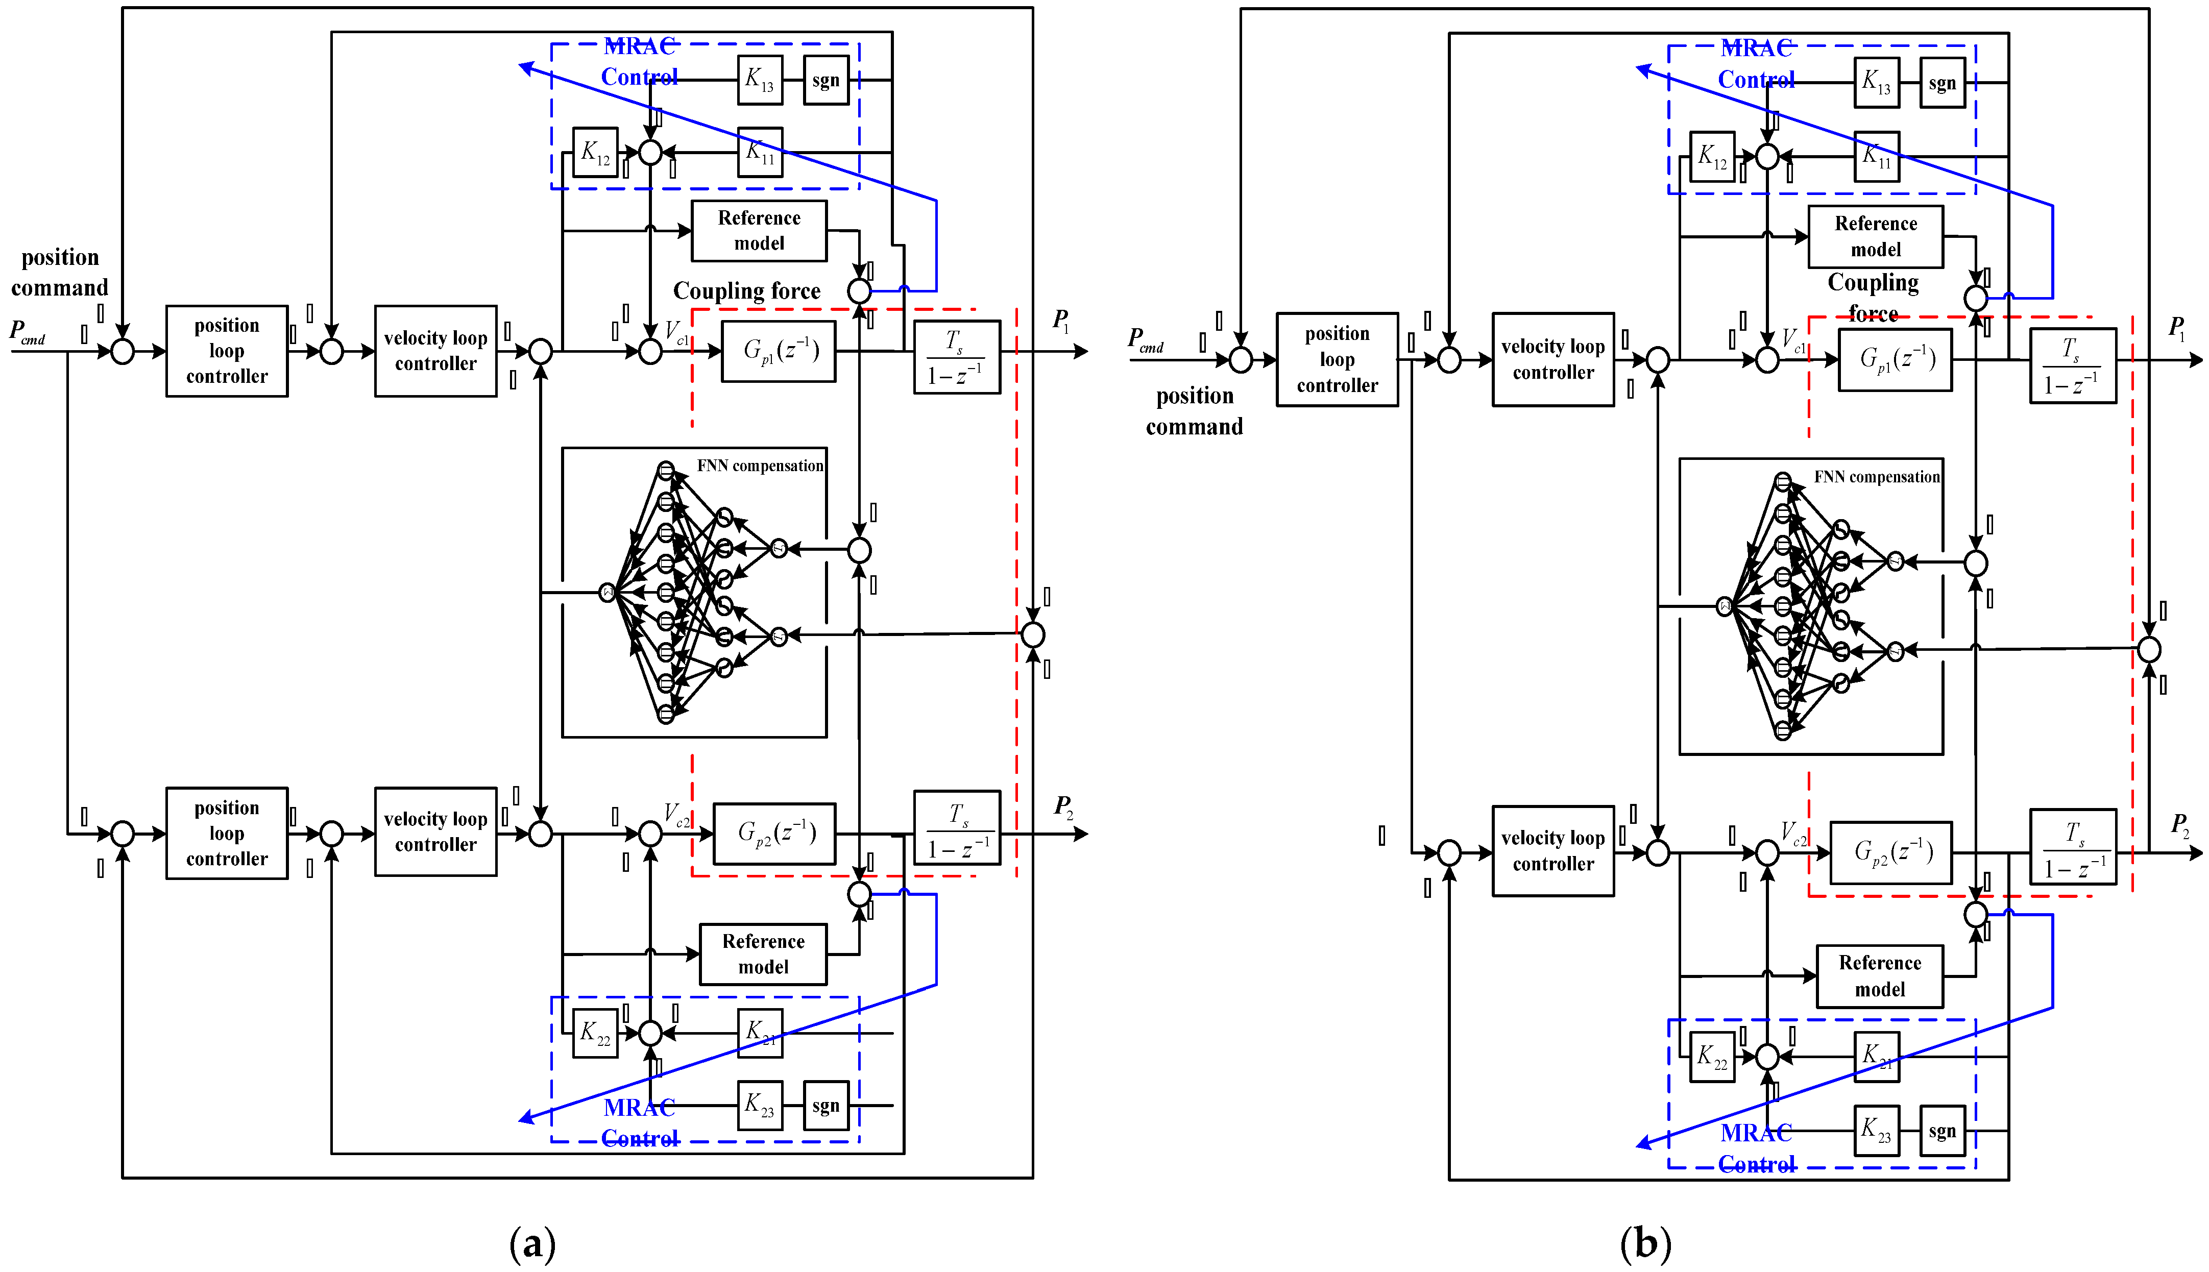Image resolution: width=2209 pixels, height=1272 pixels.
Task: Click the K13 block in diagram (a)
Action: coord(759,80)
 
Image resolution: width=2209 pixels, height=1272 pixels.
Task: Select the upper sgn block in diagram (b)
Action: coord(1941,83)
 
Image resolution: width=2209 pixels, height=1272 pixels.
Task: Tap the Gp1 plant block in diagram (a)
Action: coord(778,351)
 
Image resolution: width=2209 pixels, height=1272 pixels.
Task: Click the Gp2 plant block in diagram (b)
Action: coord(1890,852)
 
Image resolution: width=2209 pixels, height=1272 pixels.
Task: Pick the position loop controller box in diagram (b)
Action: coord(1337,359)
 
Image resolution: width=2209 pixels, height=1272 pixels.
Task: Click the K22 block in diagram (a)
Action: coord(595,1033)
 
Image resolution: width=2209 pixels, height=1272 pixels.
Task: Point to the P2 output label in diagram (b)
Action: coord(2180,825)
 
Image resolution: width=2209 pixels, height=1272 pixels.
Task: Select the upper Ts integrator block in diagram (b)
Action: coord(2072,365)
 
